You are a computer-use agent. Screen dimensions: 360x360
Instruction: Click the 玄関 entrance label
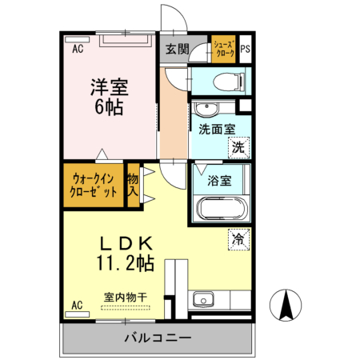pos(177,49)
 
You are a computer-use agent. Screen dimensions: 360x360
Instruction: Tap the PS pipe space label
pos(245,49)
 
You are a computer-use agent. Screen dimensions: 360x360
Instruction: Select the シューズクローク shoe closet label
pos(223,49)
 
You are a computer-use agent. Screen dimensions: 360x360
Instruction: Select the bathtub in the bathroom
pos(223,210)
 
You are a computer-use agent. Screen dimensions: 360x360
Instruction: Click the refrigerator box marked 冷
pos(238,238)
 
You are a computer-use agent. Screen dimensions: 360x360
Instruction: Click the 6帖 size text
pos(109,107)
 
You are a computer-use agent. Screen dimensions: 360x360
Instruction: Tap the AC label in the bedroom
pos(78,49)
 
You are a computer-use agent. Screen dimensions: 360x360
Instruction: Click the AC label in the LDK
pos(78,305)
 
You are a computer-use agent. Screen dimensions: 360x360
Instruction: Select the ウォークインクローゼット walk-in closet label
pos(94,185)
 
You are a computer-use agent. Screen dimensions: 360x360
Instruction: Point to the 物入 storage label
pos(134,186)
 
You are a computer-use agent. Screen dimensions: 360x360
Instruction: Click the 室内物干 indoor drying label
pos(126,298)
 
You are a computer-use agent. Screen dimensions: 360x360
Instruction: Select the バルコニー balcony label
pos(158,337)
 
